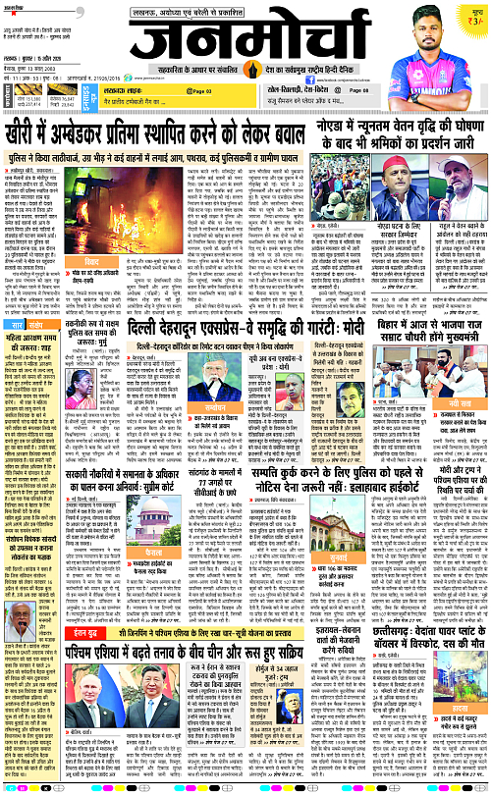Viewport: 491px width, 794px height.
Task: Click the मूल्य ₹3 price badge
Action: (x=474, y=17)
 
